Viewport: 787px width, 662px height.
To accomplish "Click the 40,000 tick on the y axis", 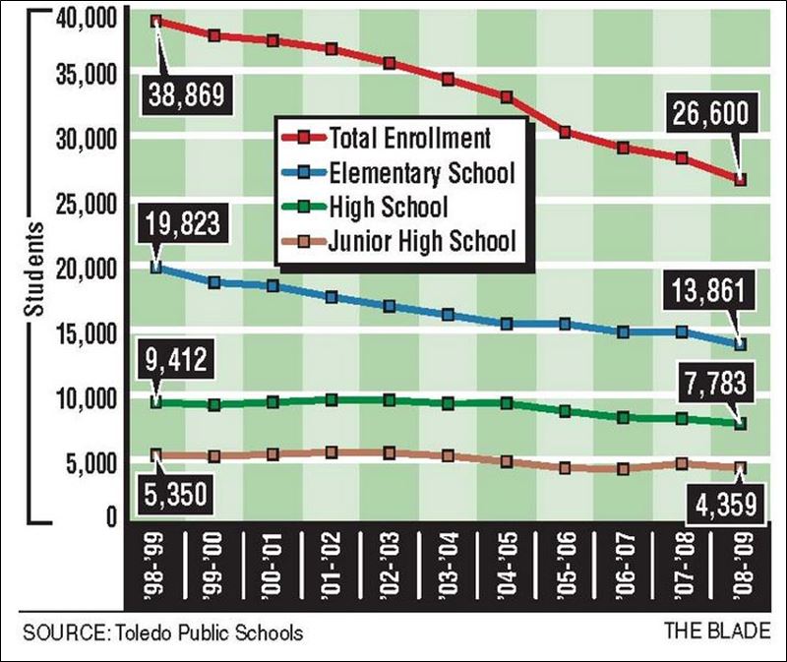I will (76, 17).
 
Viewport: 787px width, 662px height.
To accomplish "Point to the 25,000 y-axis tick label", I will (76, 205).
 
